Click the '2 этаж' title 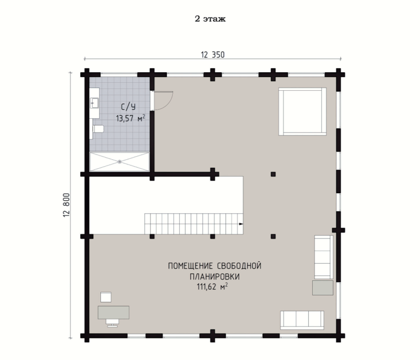pos(210,19)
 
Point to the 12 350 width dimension pos(213,55)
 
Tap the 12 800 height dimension pos(66,205)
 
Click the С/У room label pos(128,107)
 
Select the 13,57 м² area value pos(130,118)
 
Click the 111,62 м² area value pos(212,287)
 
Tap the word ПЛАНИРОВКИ pos(214,276)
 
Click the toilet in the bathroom pos(97,129)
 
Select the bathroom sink pos(94,103)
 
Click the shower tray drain pos(119,162)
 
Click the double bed pos(302,111)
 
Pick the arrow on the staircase pos(241,224)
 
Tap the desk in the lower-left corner pos(114,312)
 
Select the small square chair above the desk pos(106,297)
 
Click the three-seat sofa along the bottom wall pos(302,320)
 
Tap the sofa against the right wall pos(324,257)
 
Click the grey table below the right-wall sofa pos(323,288)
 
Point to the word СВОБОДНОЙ pos(239,266)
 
